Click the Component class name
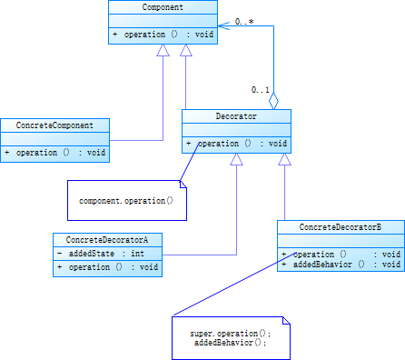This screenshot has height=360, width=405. click(163, 7)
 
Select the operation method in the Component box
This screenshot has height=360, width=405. click(163, 34)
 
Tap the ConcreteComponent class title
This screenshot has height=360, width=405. click(54, 125)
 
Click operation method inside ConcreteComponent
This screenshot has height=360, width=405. click(54, 153)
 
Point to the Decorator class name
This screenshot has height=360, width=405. click(236, 116)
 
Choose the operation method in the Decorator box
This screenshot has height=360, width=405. click(236, 144)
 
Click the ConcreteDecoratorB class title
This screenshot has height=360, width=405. click(341, 226)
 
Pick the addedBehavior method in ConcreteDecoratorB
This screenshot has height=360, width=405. click(341, 265)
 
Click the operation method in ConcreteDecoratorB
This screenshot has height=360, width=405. click(341, 255)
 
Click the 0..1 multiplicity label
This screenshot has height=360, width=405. click(261, 90)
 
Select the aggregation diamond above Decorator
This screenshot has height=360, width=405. click(273, 100)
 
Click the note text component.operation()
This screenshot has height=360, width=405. click(126, 199)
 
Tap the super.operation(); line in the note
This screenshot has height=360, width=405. click(231, 334)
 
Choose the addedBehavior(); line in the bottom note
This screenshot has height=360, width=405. click(231, 344)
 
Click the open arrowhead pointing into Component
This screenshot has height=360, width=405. click(223, 25)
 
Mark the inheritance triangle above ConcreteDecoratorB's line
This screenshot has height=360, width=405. click(285, 159)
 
